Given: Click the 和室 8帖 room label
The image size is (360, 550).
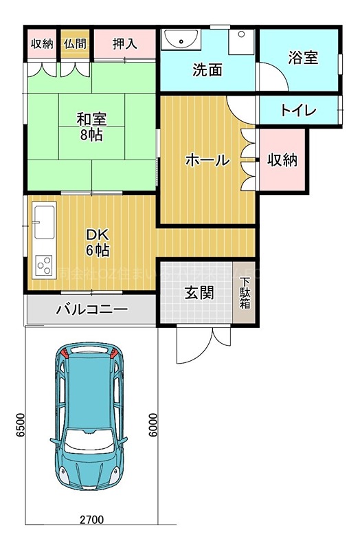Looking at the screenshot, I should pyautogui.click(x=91, y=126).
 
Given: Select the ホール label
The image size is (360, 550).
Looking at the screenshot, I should pyautogui.click(x=207, y=160).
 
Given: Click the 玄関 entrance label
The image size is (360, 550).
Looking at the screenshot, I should pyautogui.click(x=198, y=292).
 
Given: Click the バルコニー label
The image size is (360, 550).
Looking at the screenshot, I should pyautogui.click(x=91, y=310).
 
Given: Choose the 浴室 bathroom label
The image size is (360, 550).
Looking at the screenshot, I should pyautogui.click(x=302, y=58).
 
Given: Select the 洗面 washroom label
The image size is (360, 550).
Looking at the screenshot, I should pyautogui.click(x=207, y=69).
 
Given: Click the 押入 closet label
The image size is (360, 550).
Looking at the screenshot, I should pyautogui.click(x=125, y=44).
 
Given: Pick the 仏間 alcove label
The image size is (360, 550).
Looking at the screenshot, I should pyautogui.click(x=75, y=44).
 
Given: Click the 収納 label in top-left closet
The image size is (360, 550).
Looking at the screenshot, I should pyautogui.click(x=42, y=44).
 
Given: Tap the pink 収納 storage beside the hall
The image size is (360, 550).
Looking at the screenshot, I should pyautogui.click(x=282, y=160).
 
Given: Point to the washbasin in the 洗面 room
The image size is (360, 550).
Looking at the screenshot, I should pyautogui.click(x=181, y=40).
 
